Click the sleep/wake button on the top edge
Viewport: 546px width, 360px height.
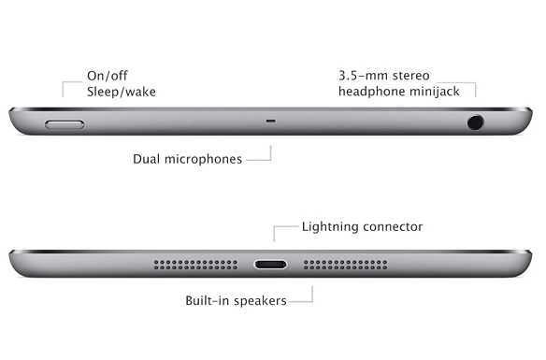point(65,124)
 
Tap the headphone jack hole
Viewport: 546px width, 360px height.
point(475,122)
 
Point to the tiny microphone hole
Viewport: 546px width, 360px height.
point(271,122)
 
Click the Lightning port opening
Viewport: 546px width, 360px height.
point(270,265)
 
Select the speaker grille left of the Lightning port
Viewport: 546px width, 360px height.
point(195,265)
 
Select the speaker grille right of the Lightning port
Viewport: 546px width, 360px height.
point(345,265)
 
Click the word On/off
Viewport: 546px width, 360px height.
point(108,76)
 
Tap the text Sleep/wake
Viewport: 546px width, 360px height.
point(122,92)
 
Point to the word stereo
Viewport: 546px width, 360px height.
point(409,76)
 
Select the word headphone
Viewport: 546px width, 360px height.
point(371,92)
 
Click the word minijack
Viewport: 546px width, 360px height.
point(434,92)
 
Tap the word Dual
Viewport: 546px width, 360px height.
point(147,159)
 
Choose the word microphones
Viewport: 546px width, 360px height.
point(203,160)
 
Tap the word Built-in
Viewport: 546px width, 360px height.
point(208,300)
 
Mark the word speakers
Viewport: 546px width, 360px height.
point(260,301)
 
